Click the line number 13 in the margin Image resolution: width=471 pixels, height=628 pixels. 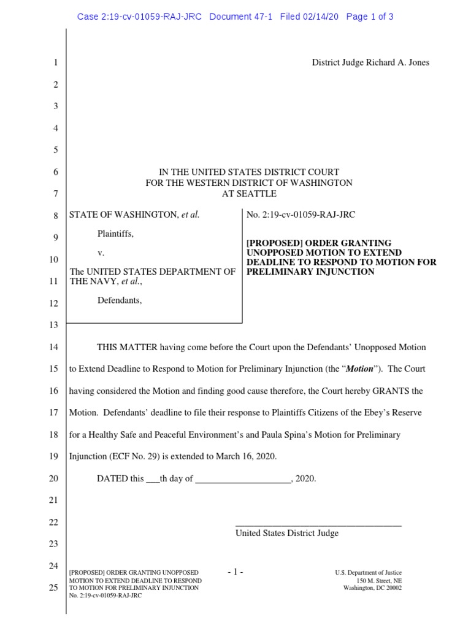click(53, 325)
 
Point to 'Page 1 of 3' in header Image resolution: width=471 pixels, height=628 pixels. click(370, 17)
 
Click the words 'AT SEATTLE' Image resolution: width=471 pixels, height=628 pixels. click(249, 194)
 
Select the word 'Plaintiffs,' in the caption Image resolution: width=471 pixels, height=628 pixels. click(116, 234)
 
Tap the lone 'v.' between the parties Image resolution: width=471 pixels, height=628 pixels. click(101, 253)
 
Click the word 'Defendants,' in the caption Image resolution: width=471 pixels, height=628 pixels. click(120, 301)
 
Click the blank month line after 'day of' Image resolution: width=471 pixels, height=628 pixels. click(243, 480)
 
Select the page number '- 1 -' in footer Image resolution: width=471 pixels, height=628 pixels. click(235, 572)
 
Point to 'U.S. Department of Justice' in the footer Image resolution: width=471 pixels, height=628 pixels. click(368, 573)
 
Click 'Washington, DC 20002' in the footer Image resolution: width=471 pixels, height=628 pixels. click(372, 588)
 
